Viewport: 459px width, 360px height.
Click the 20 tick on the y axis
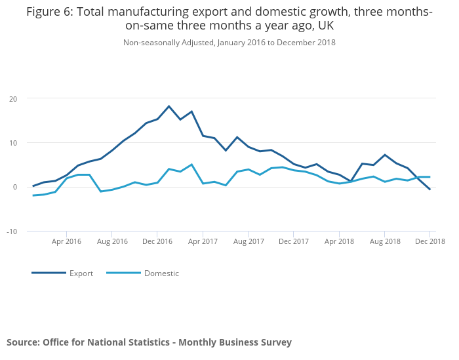tap(13, 98)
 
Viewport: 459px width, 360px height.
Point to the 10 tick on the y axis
tap(13, 143)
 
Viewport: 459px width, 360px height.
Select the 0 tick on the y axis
tap(15, 187)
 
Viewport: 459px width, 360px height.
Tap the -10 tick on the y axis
tap(12, 231)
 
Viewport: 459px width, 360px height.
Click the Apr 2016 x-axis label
tap(66, 241)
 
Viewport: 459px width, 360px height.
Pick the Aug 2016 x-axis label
tap(112, 241)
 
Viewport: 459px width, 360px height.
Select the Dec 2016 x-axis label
tap(157, 241)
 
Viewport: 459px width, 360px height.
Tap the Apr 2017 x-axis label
tap(203, 241)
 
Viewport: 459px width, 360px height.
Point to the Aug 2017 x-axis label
tap(249, 241)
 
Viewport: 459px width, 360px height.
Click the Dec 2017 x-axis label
tap(294, 241)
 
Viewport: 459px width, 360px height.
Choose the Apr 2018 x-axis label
tap(339, 241)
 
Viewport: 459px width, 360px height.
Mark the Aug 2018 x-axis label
tap(385, 241)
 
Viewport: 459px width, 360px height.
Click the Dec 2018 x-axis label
tap(430, 241)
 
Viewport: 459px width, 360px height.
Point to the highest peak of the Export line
tap(169, 106)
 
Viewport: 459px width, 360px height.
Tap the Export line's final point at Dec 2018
tap(430, 190)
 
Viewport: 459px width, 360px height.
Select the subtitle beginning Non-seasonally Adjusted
tap(229, 43)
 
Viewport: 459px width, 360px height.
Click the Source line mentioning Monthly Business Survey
tap(149, 342)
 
